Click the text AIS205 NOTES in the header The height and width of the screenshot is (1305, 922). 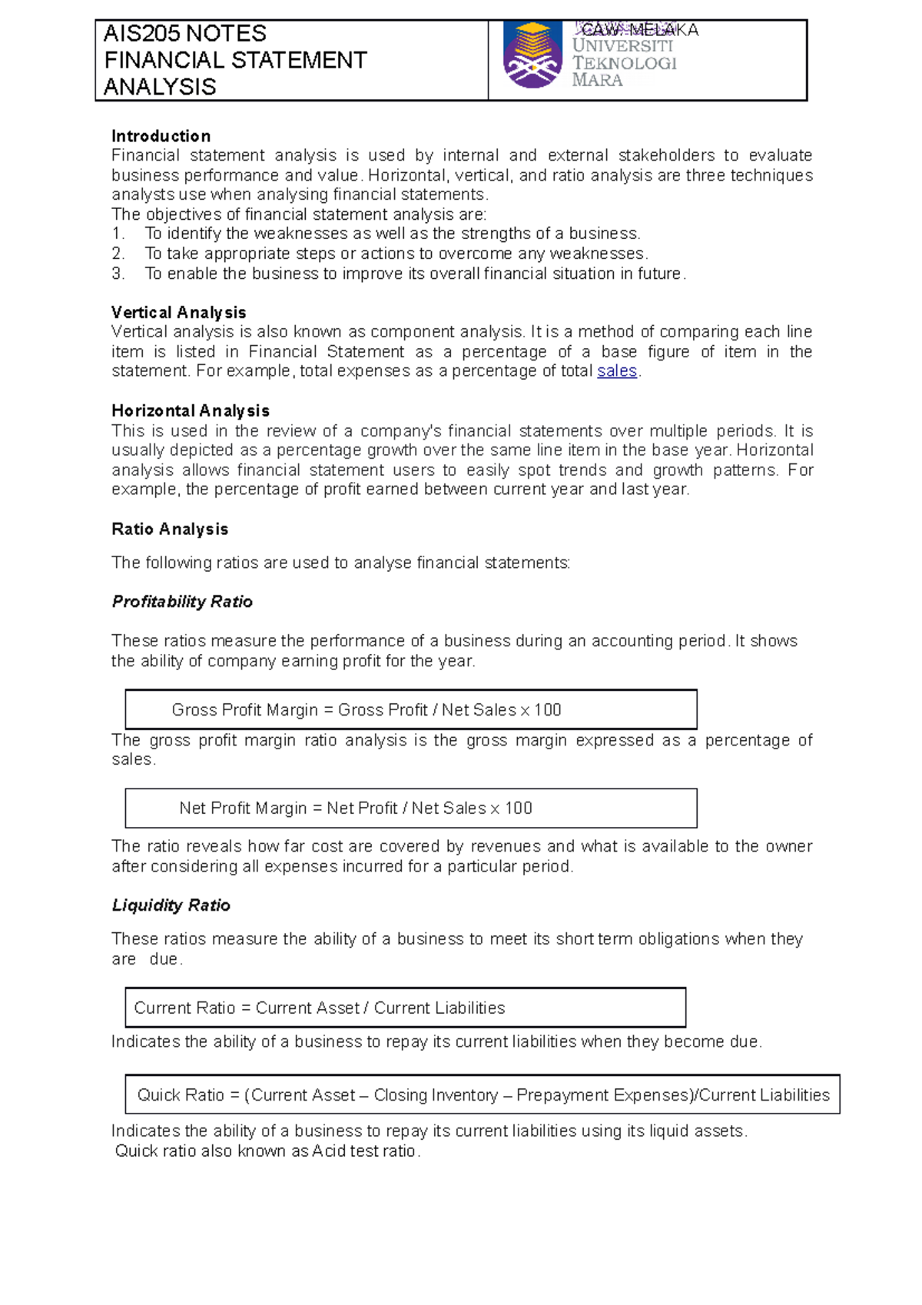(x=185, y=34)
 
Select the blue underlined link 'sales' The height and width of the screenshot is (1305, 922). (x=617, y=371)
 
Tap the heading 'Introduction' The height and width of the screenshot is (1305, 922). (x=161, y=136)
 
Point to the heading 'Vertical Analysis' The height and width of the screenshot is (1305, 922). (x=178, y=313)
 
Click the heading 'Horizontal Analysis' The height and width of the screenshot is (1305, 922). (x=190, y=411)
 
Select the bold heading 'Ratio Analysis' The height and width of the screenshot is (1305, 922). (x=170, y=530)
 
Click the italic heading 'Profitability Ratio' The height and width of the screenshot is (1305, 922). (x=182, y=602)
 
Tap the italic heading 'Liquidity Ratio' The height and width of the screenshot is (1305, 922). (x=171, y=905)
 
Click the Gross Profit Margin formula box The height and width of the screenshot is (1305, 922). (x=410, y=709)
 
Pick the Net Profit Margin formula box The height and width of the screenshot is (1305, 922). (x=410, y=809)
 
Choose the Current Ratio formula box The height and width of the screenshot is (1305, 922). (x=405, y=1008)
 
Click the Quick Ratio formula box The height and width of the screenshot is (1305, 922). (x=483, y=1094)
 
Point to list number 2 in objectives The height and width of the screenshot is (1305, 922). (x=118, y=254)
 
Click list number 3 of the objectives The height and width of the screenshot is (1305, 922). (x=118, y=274)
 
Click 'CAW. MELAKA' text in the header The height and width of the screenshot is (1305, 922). (x=638, y=30)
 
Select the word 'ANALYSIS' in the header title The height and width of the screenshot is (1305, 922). (x=160, y=88)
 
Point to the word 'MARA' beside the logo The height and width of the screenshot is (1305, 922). (x=597, y=81)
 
